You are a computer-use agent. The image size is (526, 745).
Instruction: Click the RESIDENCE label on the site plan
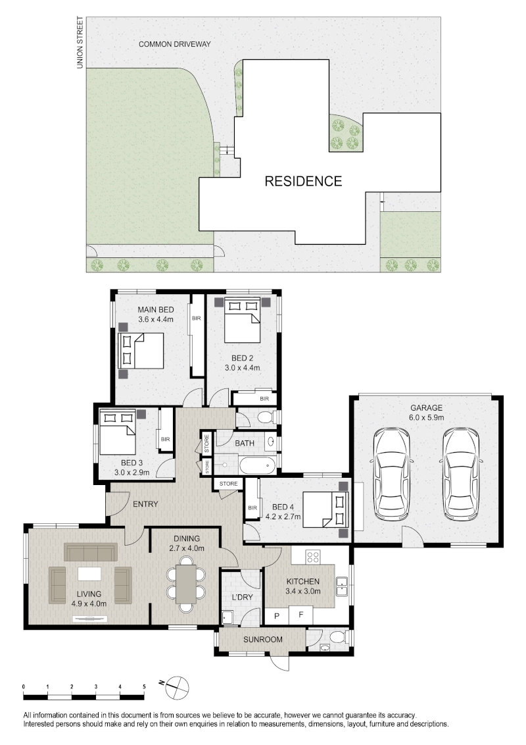pyautogui.click(x=303, y=181)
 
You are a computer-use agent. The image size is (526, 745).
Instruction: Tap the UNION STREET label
pyautogui.click(x=80, y=43)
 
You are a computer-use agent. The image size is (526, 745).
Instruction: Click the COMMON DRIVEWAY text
pyautogui.click(x=175, y=44)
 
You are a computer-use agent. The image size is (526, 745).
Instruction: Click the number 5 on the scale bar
pyautogui.click(x=144, y=686)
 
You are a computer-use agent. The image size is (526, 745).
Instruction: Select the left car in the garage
pyautogui.click(x=392, y=474)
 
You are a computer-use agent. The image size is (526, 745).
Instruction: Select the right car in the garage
pyautogui.click(x=462, y=474)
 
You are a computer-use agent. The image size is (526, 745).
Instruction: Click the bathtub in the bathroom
pyautogui.click(x=258, y=465)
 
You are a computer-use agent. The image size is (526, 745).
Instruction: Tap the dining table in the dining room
pyautogui.click(x=186, y=584)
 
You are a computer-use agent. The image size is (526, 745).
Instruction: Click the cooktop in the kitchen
pyautogui.click(x=312, y=556)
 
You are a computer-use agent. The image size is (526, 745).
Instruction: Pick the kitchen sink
pyautogui.click(x=343, y=586)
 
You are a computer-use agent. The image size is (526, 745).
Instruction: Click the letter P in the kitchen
pyautogui.click(x=277, y=616)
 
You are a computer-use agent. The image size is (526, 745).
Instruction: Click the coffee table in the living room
pyautogui.click(x=89, y=573)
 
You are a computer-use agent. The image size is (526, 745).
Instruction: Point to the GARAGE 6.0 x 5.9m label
pyautogui.click(x=426, y=413)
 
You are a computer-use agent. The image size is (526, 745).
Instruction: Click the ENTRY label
pyautogui.click(x=145, y=504)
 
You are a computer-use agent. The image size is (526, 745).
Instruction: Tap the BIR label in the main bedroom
pyautogui.click(x=196, y=319)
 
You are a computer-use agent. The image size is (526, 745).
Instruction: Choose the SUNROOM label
pyautogui.click(x=262, y=640)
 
